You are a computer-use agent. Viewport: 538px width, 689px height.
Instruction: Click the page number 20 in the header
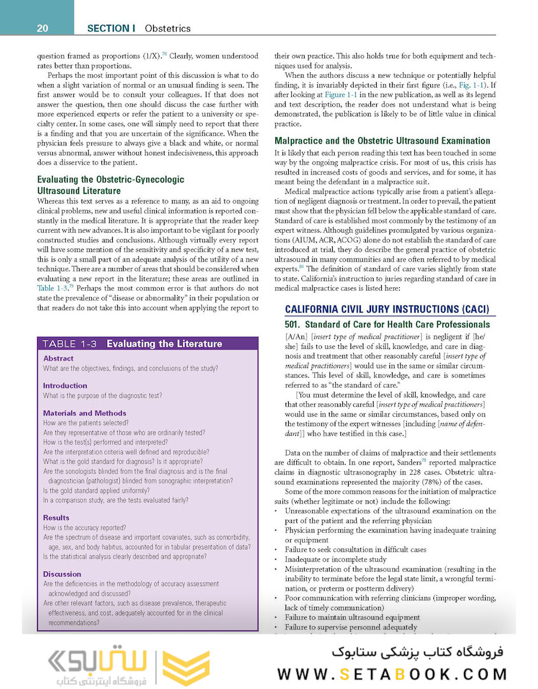click(x=43, y=28)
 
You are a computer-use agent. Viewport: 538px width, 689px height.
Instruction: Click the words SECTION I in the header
click(x=111, y=28)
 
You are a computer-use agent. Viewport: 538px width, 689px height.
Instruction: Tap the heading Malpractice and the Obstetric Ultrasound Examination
click(x=382, y=140)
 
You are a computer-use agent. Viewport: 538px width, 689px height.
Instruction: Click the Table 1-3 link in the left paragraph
click(x=52, y=288)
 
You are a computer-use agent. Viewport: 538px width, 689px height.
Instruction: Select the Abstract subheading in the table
click(x=58, y=359)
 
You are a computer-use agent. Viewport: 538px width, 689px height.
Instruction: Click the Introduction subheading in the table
click(x=65, y=385)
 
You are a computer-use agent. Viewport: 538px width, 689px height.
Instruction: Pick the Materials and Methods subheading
click(x=84, y=413)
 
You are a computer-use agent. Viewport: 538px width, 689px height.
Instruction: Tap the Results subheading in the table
click(x=56, y=517)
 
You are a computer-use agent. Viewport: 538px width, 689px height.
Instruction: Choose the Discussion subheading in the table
click(x=62, y=574)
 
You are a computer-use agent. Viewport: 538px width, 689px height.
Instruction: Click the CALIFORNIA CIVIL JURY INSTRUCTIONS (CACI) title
click(x=387, y=310)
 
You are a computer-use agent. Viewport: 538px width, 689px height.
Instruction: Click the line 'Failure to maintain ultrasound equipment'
click(x=352, y=617)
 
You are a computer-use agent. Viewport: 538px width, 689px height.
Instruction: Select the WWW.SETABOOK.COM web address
click(x=392, y=674)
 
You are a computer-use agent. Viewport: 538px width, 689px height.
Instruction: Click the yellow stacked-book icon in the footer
click(x=185, y=668)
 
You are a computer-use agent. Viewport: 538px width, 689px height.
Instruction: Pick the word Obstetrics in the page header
click(x=168, y=28)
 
